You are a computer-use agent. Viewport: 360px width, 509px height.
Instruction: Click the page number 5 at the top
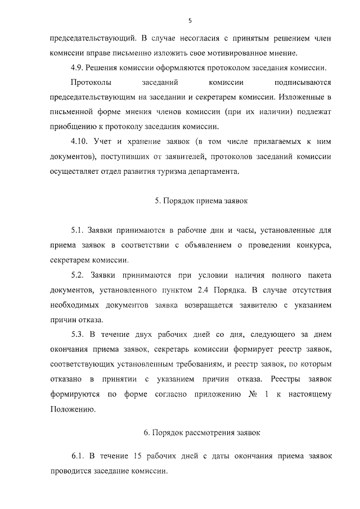coord(190,20)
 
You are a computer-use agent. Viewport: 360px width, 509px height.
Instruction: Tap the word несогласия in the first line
coord(196,39)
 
